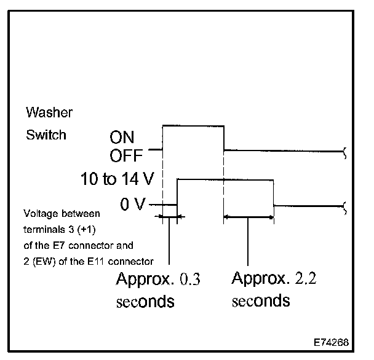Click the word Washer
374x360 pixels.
(49, 113)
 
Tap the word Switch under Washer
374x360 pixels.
(46, 135)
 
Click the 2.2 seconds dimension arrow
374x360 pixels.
(249, 216)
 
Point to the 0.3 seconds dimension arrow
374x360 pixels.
(169, 216)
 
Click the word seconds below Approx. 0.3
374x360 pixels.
(145, 302)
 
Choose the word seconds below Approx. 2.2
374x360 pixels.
(261, 301)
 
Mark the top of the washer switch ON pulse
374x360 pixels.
(193, 125)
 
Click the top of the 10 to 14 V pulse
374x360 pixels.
(225, 179)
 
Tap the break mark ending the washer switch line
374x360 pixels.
(344, 151)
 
